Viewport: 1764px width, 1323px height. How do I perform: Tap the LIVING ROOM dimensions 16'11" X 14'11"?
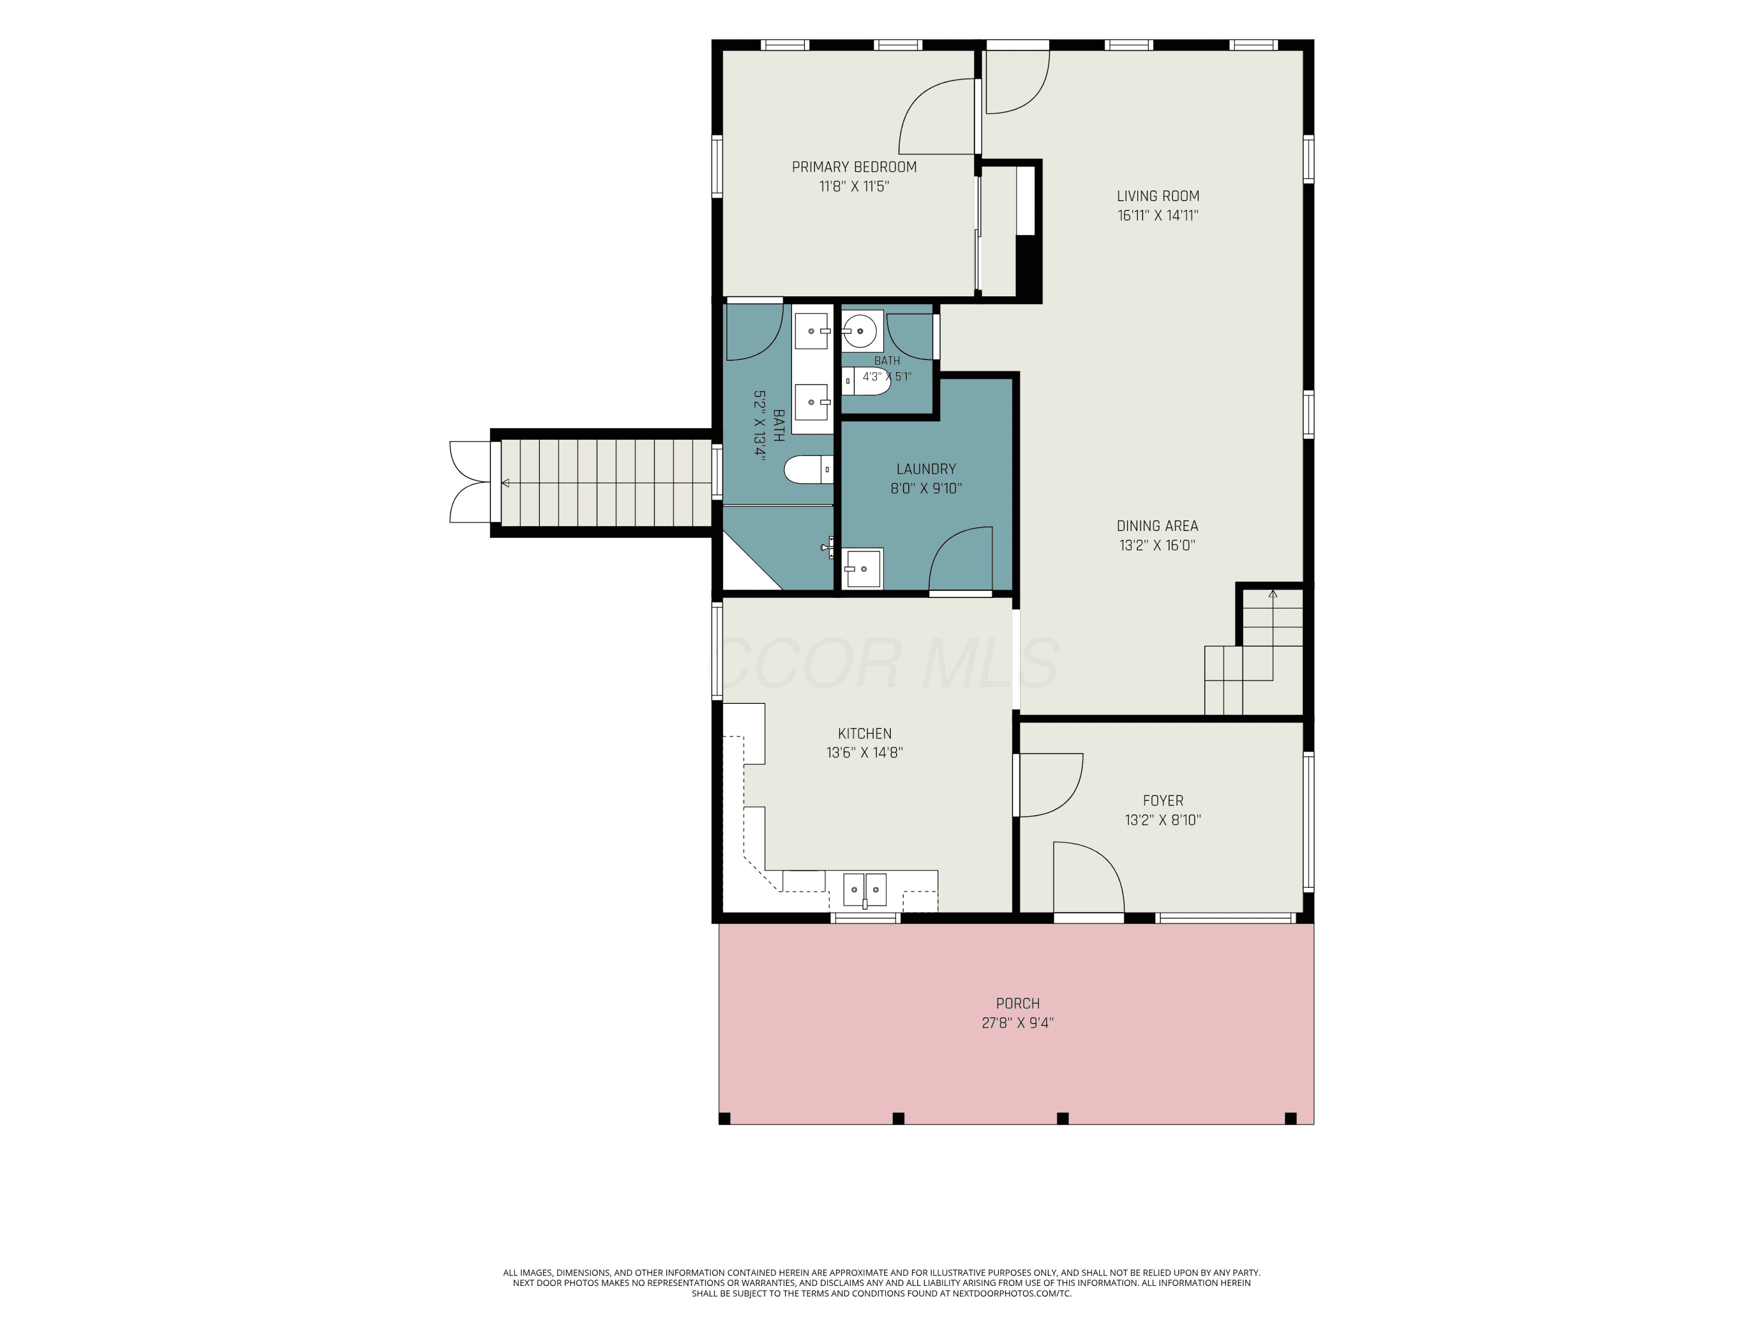click(x=1157, y=215)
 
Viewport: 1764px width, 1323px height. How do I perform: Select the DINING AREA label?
click(x=1157, y=526)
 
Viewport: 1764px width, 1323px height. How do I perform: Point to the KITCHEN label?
click(x=864, y=734)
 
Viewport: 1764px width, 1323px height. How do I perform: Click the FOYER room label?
click(x=1162, y=801)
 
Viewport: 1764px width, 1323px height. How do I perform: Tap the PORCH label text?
click(x=1018, y=1003)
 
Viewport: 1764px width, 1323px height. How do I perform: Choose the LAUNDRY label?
click(x=926, y=469)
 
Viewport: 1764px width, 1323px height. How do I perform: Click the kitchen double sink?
click(x=864, y=890)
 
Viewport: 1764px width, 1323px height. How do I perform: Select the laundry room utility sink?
click(x=863, y=569)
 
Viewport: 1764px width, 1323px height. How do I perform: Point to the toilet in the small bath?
click(x=866, y=381)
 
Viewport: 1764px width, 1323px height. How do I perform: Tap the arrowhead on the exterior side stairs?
click(x=505, y=483)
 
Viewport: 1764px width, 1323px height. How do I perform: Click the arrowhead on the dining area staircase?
click(x=1273, y=593)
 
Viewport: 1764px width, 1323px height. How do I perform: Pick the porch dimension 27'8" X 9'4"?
click(x=1018, y=1023)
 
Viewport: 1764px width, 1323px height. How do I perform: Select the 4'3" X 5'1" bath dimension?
click(x=887, y=376)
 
